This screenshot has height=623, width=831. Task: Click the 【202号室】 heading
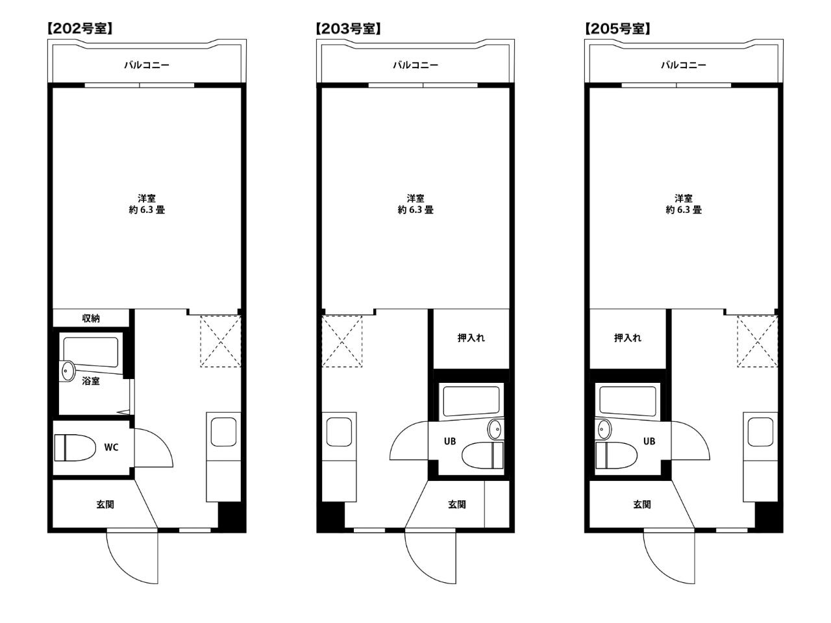tap(81, 29)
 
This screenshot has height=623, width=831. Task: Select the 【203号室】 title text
tap(348, 29)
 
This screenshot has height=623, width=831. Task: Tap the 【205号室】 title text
tap(617, 29)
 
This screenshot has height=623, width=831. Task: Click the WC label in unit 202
tap(111, 448)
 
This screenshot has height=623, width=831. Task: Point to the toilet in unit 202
tap(75, 448)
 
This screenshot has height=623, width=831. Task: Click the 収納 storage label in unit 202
tap(91, 319)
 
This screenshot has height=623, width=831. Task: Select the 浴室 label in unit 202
tap(91, 381)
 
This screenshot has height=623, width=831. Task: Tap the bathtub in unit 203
tap(471, 401)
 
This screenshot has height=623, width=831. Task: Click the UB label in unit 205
tap(649, 441)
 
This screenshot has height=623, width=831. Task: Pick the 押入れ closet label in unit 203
tap(471, 338)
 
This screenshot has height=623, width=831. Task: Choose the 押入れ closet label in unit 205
tap(628, 338)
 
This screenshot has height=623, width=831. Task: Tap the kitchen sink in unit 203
tap(339, 432)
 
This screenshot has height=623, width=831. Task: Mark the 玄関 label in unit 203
tap(457, 504)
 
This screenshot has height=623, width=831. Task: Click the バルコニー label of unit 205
tap(684, 65)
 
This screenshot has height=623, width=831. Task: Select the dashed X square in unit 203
tap(342, 341)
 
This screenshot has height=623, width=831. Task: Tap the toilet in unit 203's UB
tap(482, 456)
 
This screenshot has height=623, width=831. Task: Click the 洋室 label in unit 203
tap(415, 198)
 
